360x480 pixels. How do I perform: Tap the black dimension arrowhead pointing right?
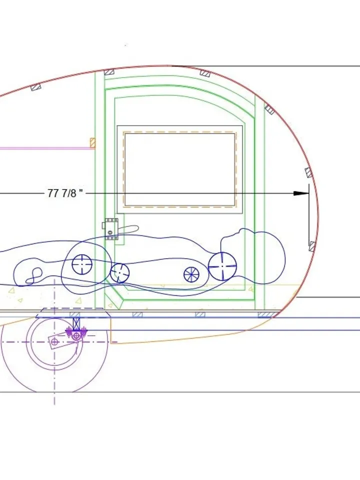click(301, 193)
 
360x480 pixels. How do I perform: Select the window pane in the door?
click(179, 169)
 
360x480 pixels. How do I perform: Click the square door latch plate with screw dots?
click(112, 229)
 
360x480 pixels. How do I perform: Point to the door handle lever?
click(127, 229)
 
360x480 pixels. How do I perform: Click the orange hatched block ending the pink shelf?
click(92, 142)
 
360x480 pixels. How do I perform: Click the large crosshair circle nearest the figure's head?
click(222, 266)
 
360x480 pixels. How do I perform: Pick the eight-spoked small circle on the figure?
click(191, 274)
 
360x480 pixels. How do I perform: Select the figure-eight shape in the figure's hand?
click(36, 274)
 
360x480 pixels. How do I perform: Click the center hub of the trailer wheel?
click(55, 342)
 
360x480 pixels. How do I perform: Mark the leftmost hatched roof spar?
click(35, 87)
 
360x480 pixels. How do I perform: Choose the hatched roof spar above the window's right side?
click(205, 72)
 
